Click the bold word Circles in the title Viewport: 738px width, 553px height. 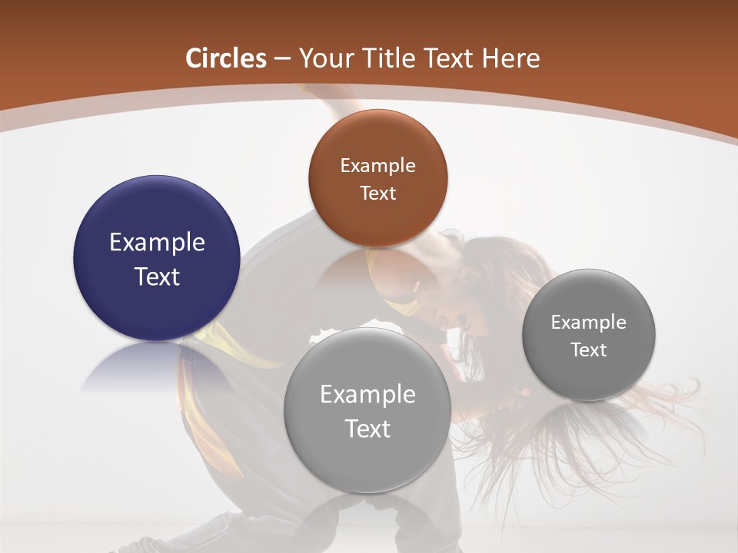(226, 58)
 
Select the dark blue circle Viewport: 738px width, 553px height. (157, 258)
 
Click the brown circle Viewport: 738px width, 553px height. (377, 178)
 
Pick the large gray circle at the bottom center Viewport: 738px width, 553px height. (367, 410)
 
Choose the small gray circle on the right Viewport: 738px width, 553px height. (589, 335)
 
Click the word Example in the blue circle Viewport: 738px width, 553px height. (157, 242)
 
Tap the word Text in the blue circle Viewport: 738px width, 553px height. (157, 276)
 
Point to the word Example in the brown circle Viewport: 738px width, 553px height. (377, 165)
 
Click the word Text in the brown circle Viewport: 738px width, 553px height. (377, 193)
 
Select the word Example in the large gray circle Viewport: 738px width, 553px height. (367, 394)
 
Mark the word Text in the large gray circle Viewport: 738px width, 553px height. (367, 429)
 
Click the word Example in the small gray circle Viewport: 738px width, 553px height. (589, 322)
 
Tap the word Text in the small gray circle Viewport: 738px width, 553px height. (589, 349)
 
